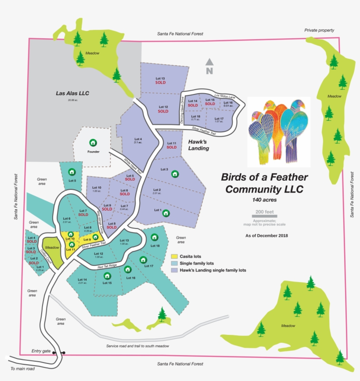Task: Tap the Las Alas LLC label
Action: [x=72, y=93]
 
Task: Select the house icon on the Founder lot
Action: [x=93, y=142]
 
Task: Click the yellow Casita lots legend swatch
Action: [x=174, y=256]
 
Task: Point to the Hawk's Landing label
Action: [x=198, y=145]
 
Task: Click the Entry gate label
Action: [x=41, y=351]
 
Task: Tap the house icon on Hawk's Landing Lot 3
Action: [x=175, y=174]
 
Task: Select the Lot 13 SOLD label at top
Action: [x=160, y=80]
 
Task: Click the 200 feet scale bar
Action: [x=264, y=216]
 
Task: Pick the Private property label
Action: [x=319, y=30]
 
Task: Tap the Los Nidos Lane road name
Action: [x=225, y=95]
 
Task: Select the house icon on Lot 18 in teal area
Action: [x=155, y=237]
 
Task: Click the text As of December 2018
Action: [x=266, y=236]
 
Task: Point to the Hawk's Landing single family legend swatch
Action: [x=174, y=270]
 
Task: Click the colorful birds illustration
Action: [x=279, y=132]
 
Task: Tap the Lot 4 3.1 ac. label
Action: [x=138, y=141]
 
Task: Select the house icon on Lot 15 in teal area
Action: [x=107, y=276]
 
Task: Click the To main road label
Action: [x=22, y=369]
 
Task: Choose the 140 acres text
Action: [x=264, y=200]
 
